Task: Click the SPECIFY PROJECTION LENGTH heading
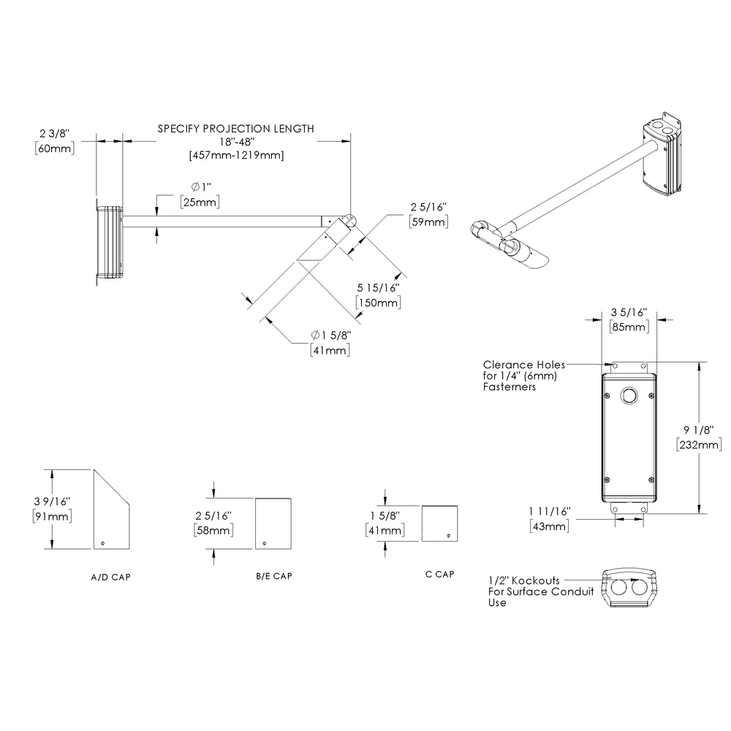236,129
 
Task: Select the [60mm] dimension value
54,148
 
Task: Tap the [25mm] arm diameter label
199,202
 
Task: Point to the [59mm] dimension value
428,222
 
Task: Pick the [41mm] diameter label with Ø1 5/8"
330,350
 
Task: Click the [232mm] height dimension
700,444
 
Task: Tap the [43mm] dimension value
548,526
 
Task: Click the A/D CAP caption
111,577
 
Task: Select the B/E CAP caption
274,577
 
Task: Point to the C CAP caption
439,574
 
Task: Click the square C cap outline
440,523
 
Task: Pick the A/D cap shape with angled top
111,512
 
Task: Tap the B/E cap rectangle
273,523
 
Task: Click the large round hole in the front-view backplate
629,396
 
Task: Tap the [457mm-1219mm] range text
236,155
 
